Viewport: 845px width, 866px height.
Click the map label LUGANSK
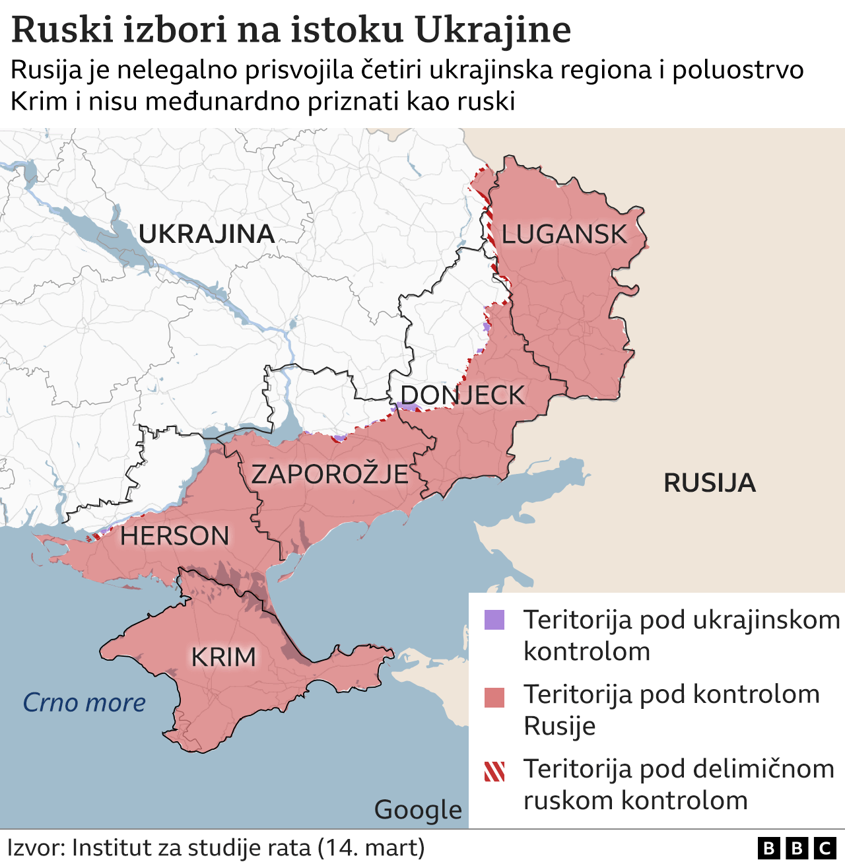click(564, 234)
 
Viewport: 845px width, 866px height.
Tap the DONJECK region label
click(462, 395)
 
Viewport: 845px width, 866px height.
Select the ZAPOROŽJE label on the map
click(329, 474)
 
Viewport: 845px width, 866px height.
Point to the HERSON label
click(174, 536)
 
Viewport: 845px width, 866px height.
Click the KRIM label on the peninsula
click(223, 657)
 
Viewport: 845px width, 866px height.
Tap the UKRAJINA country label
click(206, 234)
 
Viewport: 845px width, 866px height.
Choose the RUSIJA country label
click(709, 483)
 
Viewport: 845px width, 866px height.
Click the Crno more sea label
click(84, 703)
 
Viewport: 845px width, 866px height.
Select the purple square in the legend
click(494, 620)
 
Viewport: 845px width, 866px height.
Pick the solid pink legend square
click(494, 697)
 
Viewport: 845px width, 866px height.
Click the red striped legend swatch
click(494, 771)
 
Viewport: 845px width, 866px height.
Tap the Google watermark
click(418, 810)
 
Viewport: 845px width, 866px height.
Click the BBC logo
click(797, 848)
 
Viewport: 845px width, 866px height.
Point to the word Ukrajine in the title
click(492, 30)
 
